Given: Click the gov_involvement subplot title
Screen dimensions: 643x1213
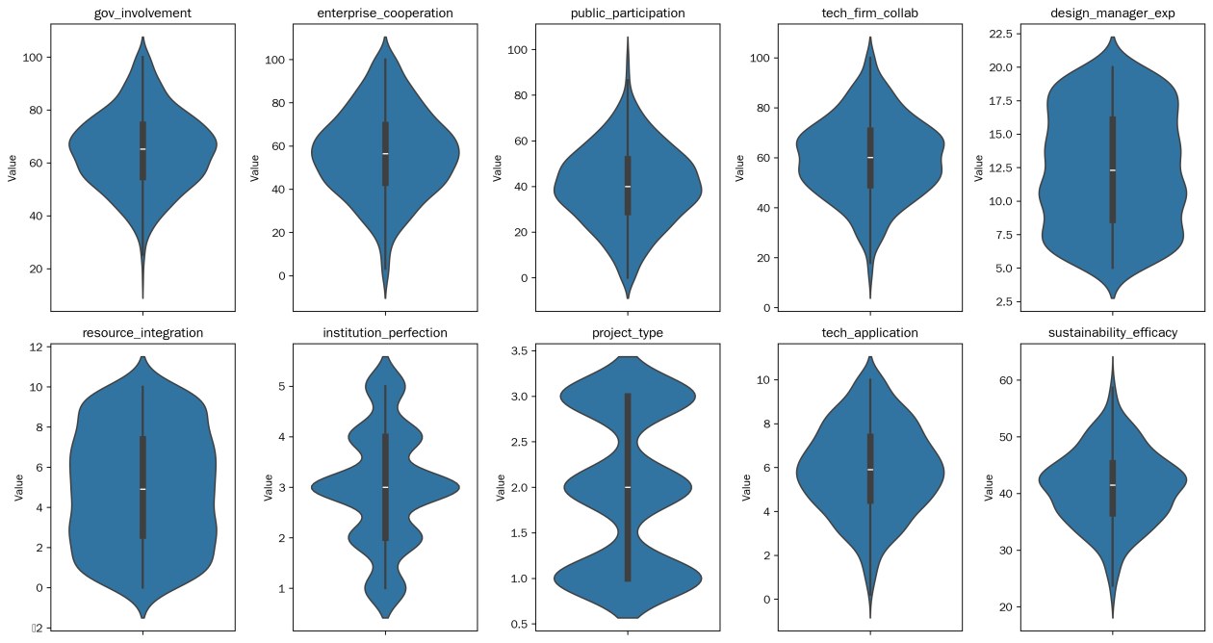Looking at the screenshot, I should [x=142, y=13].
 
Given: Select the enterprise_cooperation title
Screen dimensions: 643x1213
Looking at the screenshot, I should [x=385, y=13].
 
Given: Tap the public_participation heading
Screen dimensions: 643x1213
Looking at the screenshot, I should [x=628, y=13].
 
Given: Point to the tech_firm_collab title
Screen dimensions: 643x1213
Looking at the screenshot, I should [x=870, y=13].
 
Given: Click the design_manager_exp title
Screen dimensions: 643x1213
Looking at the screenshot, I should [x=1113, y=13].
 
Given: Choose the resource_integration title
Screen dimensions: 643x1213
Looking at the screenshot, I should [x=142, y=333].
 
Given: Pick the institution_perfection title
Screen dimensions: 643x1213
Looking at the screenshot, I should [x=385, y=333].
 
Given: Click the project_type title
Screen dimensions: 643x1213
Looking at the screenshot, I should [x=628, y=333].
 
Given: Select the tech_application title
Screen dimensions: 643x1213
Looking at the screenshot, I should [x=870, y=333].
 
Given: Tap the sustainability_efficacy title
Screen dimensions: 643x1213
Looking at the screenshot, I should [x=1113, y=333].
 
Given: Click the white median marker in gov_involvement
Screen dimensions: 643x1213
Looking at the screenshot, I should [x=142, y=149].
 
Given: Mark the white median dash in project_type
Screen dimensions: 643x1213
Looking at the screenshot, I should [x=628, y=488].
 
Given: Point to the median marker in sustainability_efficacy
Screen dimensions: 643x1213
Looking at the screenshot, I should [x=1113, y=485].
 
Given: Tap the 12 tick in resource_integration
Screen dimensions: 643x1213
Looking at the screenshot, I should [x=33, y=347].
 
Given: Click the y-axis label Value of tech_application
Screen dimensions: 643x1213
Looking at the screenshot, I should [x=746, y=488].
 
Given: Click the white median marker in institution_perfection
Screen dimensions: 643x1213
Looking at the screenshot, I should [x=385, y=487].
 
